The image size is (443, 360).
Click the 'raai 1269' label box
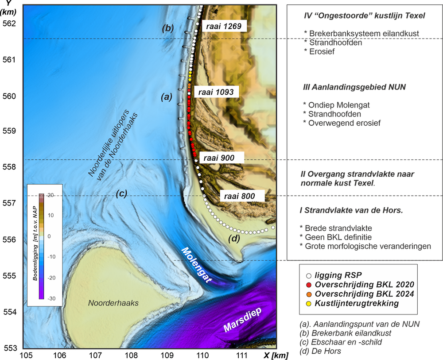click(x=224, y=26)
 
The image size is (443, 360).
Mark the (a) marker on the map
click(x=166, y=98)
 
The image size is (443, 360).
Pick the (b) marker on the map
click(x=167, y=28)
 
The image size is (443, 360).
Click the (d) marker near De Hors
click(x=234, y=240)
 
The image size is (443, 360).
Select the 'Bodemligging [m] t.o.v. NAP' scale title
click(x=35, y=246)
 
